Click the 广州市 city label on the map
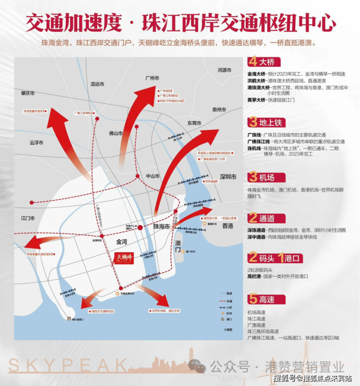(153, 78)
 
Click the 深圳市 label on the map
(228, 177)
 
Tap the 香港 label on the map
(228, 226)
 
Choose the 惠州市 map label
(219, 110)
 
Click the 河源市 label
(225, 71)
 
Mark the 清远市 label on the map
(97, 84)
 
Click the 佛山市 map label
(115, 133)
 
